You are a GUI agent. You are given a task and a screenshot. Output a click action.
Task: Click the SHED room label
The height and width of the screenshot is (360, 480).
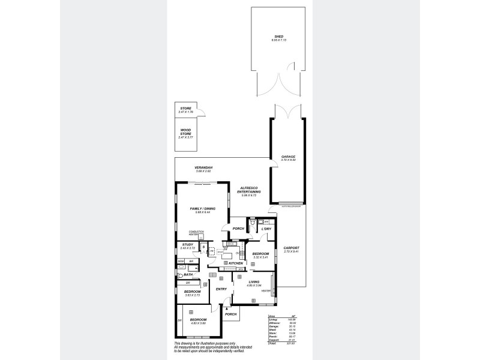point(278,37)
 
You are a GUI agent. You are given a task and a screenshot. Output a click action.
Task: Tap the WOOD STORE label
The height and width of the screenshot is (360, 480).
point(185,131)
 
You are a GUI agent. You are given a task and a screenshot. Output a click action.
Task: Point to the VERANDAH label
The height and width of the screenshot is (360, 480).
point(204,167)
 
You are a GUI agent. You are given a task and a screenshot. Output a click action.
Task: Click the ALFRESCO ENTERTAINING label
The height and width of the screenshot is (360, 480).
point(249,190)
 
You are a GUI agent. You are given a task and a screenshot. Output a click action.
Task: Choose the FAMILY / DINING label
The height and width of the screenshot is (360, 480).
point(203,208)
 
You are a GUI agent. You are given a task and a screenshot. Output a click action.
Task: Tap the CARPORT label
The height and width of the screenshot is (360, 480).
point(291,248)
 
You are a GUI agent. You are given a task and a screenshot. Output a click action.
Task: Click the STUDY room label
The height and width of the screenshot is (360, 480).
point(188,244)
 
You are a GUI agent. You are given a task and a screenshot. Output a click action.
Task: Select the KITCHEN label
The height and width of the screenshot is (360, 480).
point(235,263)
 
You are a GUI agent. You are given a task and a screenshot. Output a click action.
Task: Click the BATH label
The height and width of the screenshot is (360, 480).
point(188,274)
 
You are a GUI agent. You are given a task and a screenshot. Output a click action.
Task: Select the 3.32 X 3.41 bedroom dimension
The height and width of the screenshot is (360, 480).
point(260,258)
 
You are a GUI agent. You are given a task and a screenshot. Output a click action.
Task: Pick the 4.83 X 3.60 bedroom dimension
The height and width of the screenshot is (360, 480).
point(199,323)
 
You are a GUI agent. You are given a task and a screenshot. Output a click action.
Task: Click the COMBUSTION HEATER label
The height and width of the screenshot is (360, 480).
point(196,233)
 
